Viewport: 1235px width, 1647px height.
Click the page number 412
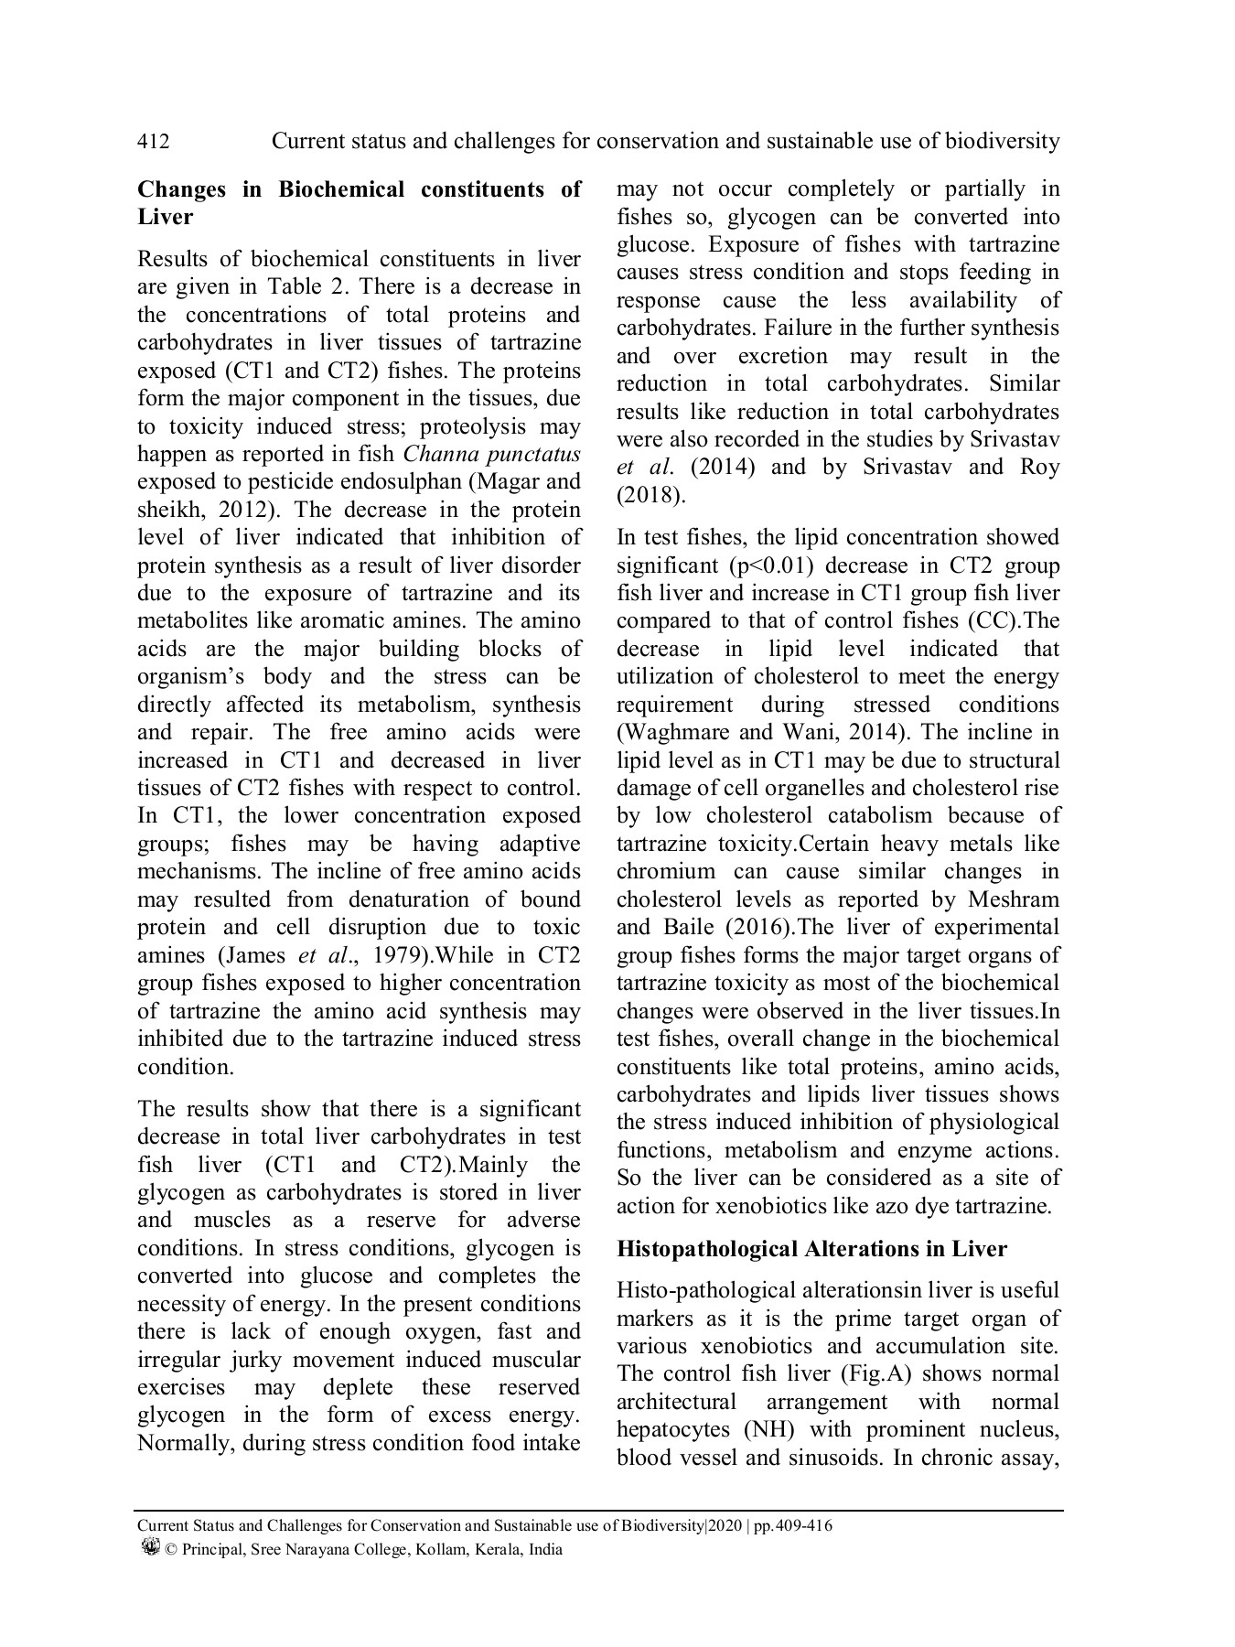(x=153, y=142)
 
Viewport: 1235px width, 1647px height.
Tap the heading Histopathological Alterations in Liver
(x=811, y=1249)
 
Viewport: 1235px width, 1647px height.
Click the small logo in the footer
(x=150, y=1547)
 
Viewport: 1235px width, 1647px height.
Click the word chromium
(x=666, y=871)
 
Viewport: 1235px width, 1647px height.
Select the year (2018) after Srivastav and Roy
(x=650, y=495)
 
